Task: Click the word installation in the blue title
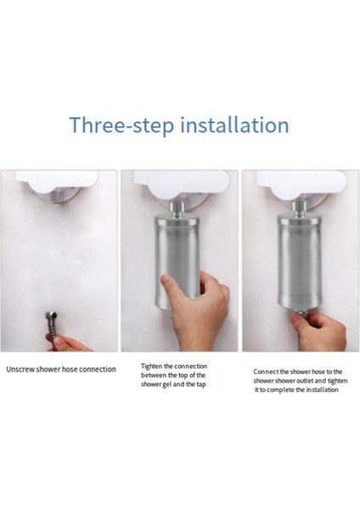(x=234, y=125)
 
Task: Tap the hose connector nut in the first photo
(x=51, y=316)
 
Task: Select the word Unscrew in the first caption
(x=20, y=369)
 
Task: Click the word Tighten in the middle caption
(x=151, y=366)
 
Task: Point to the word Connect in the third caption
(x=266, y=372)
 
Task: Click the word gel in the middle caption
(x=165, y=384)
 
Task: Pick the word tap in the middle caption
(x=200, y=385)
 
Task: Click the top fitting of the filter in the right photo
(x=299, y=208)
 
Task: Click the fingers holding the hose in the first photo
(x=70, y=343)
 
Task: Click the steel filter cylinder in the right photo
(x=300, y=263)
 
